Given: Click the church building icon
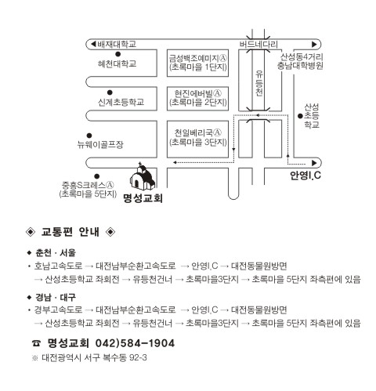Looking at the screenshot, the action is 143,177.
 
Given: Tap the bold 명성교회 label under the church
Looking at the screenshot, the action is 143,198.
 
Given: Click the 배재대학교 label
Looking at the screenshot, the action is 117,44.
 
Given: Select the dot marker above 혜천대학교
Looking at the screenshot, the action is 118,54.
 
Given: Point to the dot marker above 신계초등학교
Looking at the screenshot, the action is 110,92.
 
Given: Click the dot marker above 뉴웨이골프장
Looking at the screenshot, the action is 89,136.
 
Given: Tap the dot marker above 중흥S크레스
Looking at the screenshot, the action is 97,176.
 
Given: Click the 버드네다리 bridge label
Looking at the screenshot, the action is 258,45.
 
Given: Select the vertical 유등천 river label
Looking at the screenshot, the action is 259,83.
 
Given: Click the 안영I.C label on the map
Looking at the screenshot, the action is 305,175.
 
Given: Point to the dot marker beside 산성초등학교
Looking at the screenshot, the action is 300,116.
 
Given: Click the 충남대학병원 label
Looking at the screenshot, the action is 300,66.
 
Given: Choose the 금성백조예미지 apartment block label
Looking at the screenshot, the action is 198,58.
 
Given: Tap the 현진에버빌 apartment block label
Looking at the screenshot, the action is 198,93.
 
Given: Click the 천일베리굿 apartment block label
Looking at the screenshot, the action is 198,132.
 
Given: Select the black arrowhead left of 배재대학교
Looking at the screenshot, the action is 93,44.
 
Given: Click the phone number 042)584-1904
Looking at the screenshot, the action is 135,343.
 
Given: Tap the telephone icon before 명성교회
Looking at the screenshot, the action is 36,343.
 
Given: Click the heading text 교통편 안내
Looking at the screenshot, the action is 70,232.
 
